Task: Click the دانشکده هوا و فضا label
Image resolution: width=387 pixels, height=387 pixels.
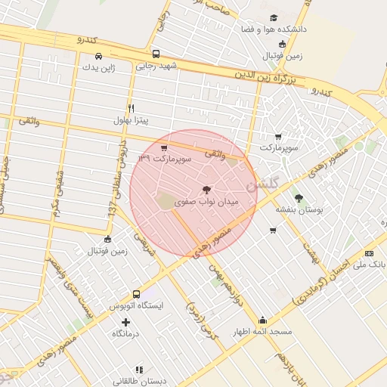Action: pyautogui.click(x=271, y=29)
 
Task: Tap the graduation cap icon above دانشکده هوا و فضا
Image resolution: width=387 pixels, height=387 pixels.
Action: pyautogui.click(x=273, y=17)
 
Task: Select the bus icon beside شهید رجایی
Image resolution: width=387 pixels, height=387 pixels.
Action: pyautogui.click(x=156, y=54)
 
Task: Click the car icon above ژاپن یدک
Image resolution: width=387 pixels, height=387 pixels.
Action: pyautogui.click(x=99, y=55)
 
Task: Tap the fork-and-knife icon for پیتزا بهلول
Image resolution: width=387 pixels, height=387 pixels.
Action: pyautogui.click(x=131, y=108)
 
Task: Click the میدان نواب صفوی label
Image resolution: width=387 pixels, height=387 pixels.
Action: pyautogui.click(x=206, y=203)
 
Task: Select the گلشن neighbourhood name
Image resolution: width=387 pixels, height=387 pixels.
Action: pyautogui.click(x=262, y=183)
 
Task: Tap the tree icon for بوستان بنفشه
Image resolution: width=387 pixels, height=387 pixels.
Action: pyautogui.click(x=299, y=198)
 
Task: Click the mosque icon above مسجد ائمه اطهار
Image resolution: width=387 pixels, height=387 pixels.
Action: pyautogui.click(x=262, y=320)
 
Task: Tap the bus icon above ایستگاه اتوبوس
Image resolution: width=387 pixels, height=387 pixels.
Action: pyautogui.click(x=136, y=294)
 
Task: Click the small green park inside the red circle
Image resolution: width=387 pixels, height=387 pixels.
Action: pyautogui.click(x=166, y=202)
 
